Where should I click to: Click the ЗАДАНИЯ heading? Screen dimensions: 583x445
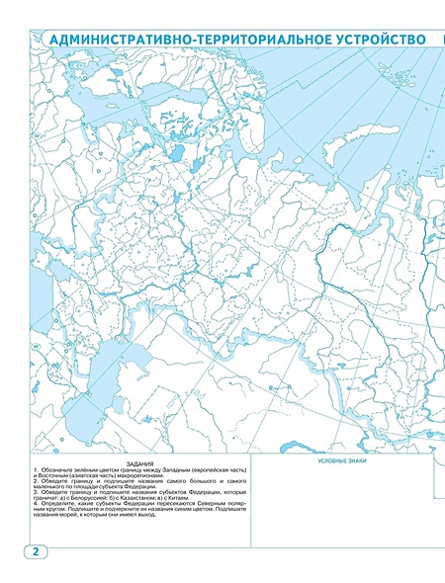point(140,462)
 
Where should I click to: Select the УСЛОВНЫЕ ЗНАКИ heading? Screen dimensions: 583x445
point(341,461)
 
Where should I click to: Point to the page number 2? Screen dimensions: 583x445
point(35,550)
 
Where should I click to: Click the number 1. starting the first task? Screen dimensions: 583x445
point(36,468)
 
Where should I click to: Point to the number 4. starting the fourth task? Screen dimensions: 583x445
point(36,503)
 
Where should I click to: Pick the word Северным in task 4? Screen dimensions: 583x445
point(207,503)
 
